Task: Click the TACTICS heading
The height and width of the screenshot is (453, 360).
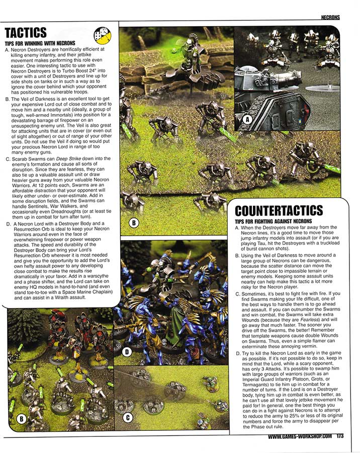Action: pos(26,33)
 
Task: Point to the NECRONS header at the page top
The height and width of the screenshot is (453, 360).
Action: pos(330,17)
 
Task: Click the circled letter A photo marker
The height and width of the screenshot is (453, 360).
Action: pos(247,119)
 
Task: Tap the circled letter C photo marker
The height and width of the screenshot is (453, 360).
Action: pos(128,417)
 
